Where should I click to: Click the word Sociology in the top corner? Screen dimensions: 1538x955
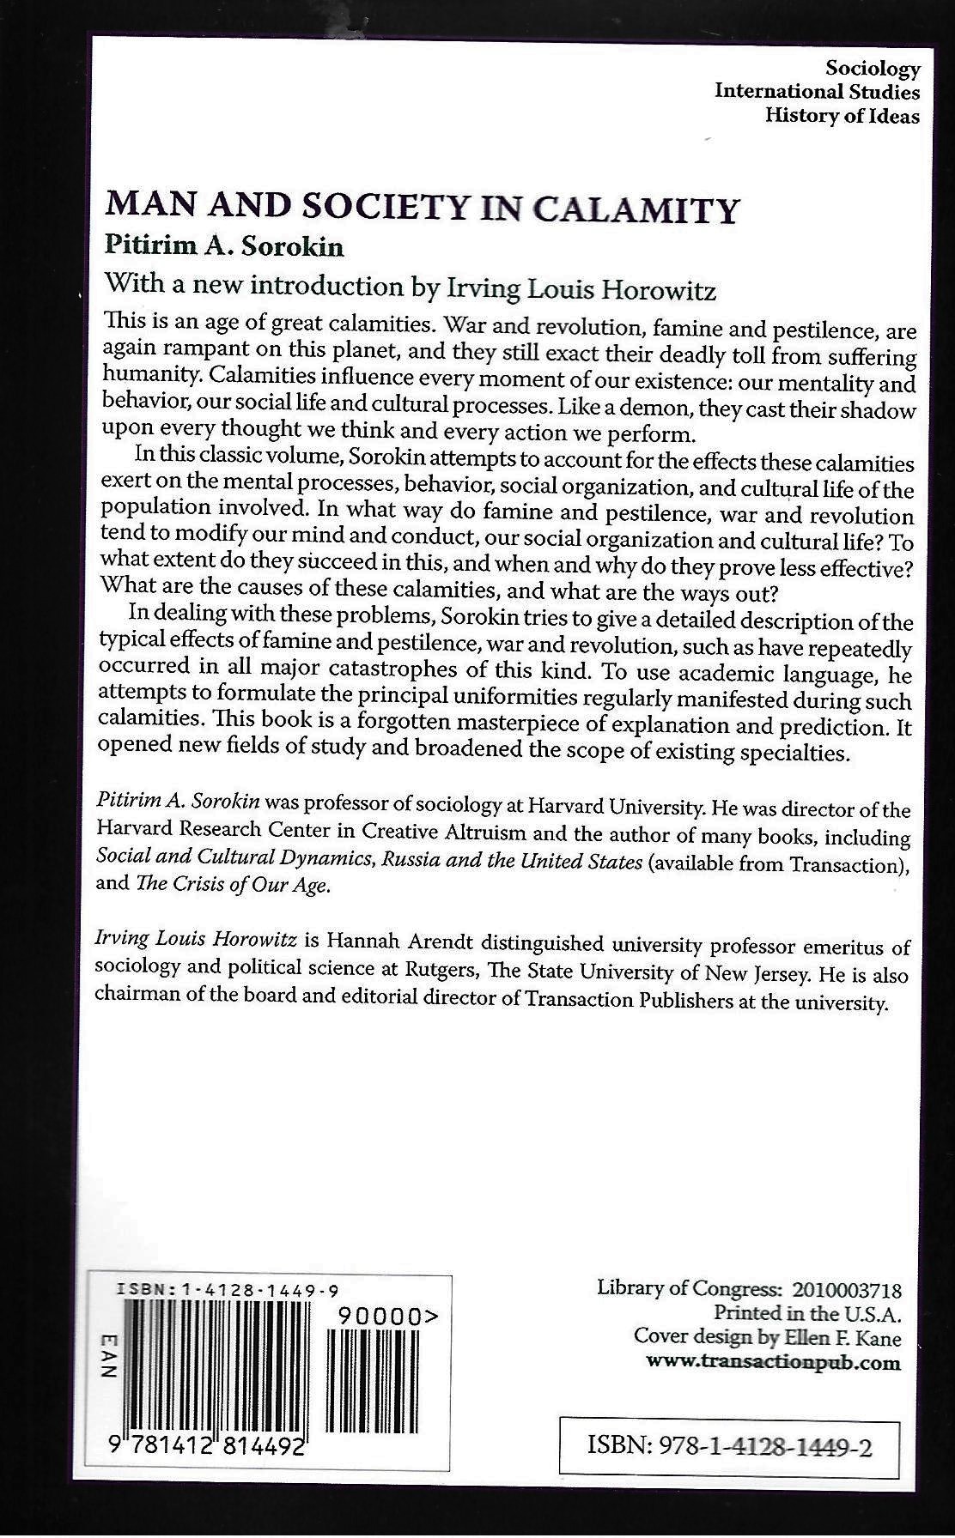coord(872,69)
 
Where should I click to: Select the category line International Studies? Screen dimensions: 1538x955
coord(817,92)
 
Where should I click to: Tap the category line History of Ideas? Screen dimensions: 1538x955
coord(842,116)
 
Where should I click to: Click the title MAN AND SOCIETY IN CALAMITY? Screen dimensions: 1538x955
coord(422,209)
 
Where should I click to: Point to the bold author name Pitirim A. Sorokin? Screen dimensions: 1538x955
coord(224,247)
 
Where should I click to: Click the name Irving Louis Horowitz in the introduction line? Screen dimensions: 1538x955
coord(582,289)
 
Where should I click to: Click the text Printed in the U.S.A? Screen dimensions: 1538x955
coord(807,1313)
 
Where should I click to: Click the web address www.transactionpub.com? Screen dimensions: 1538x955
coord(773,1362)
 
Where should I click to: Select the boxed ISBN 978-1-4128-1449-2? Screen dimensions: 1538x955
coord(730,1448)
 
